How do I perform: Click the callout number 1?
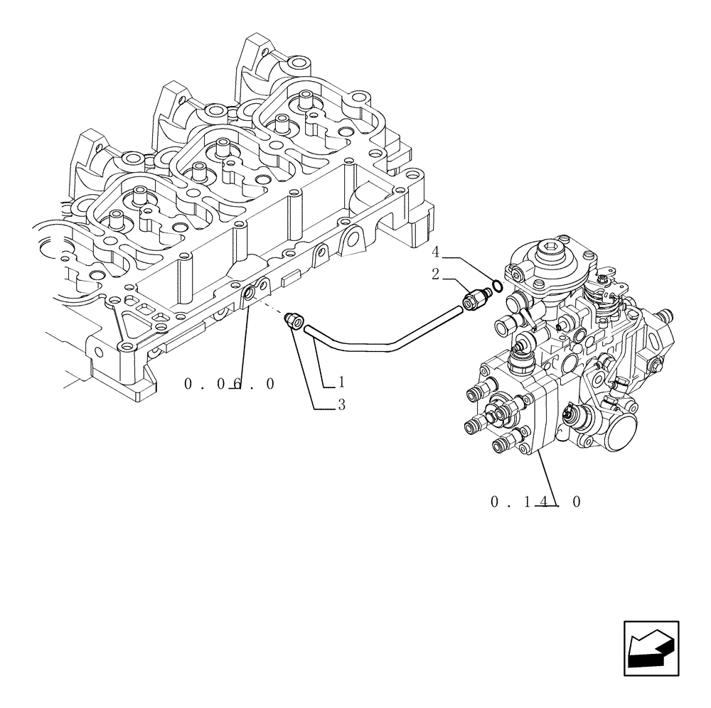341,382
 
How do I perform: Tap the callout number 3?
341,405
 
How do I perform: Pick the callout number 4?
436,252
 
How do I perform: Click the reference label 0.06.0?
229,384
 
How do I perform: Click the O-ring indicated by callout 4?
499,286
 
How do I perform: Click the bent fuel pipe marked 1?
384,347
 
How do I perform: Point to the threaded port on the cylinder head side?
248,292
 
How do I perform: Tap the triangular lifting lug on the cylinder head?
350,240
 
